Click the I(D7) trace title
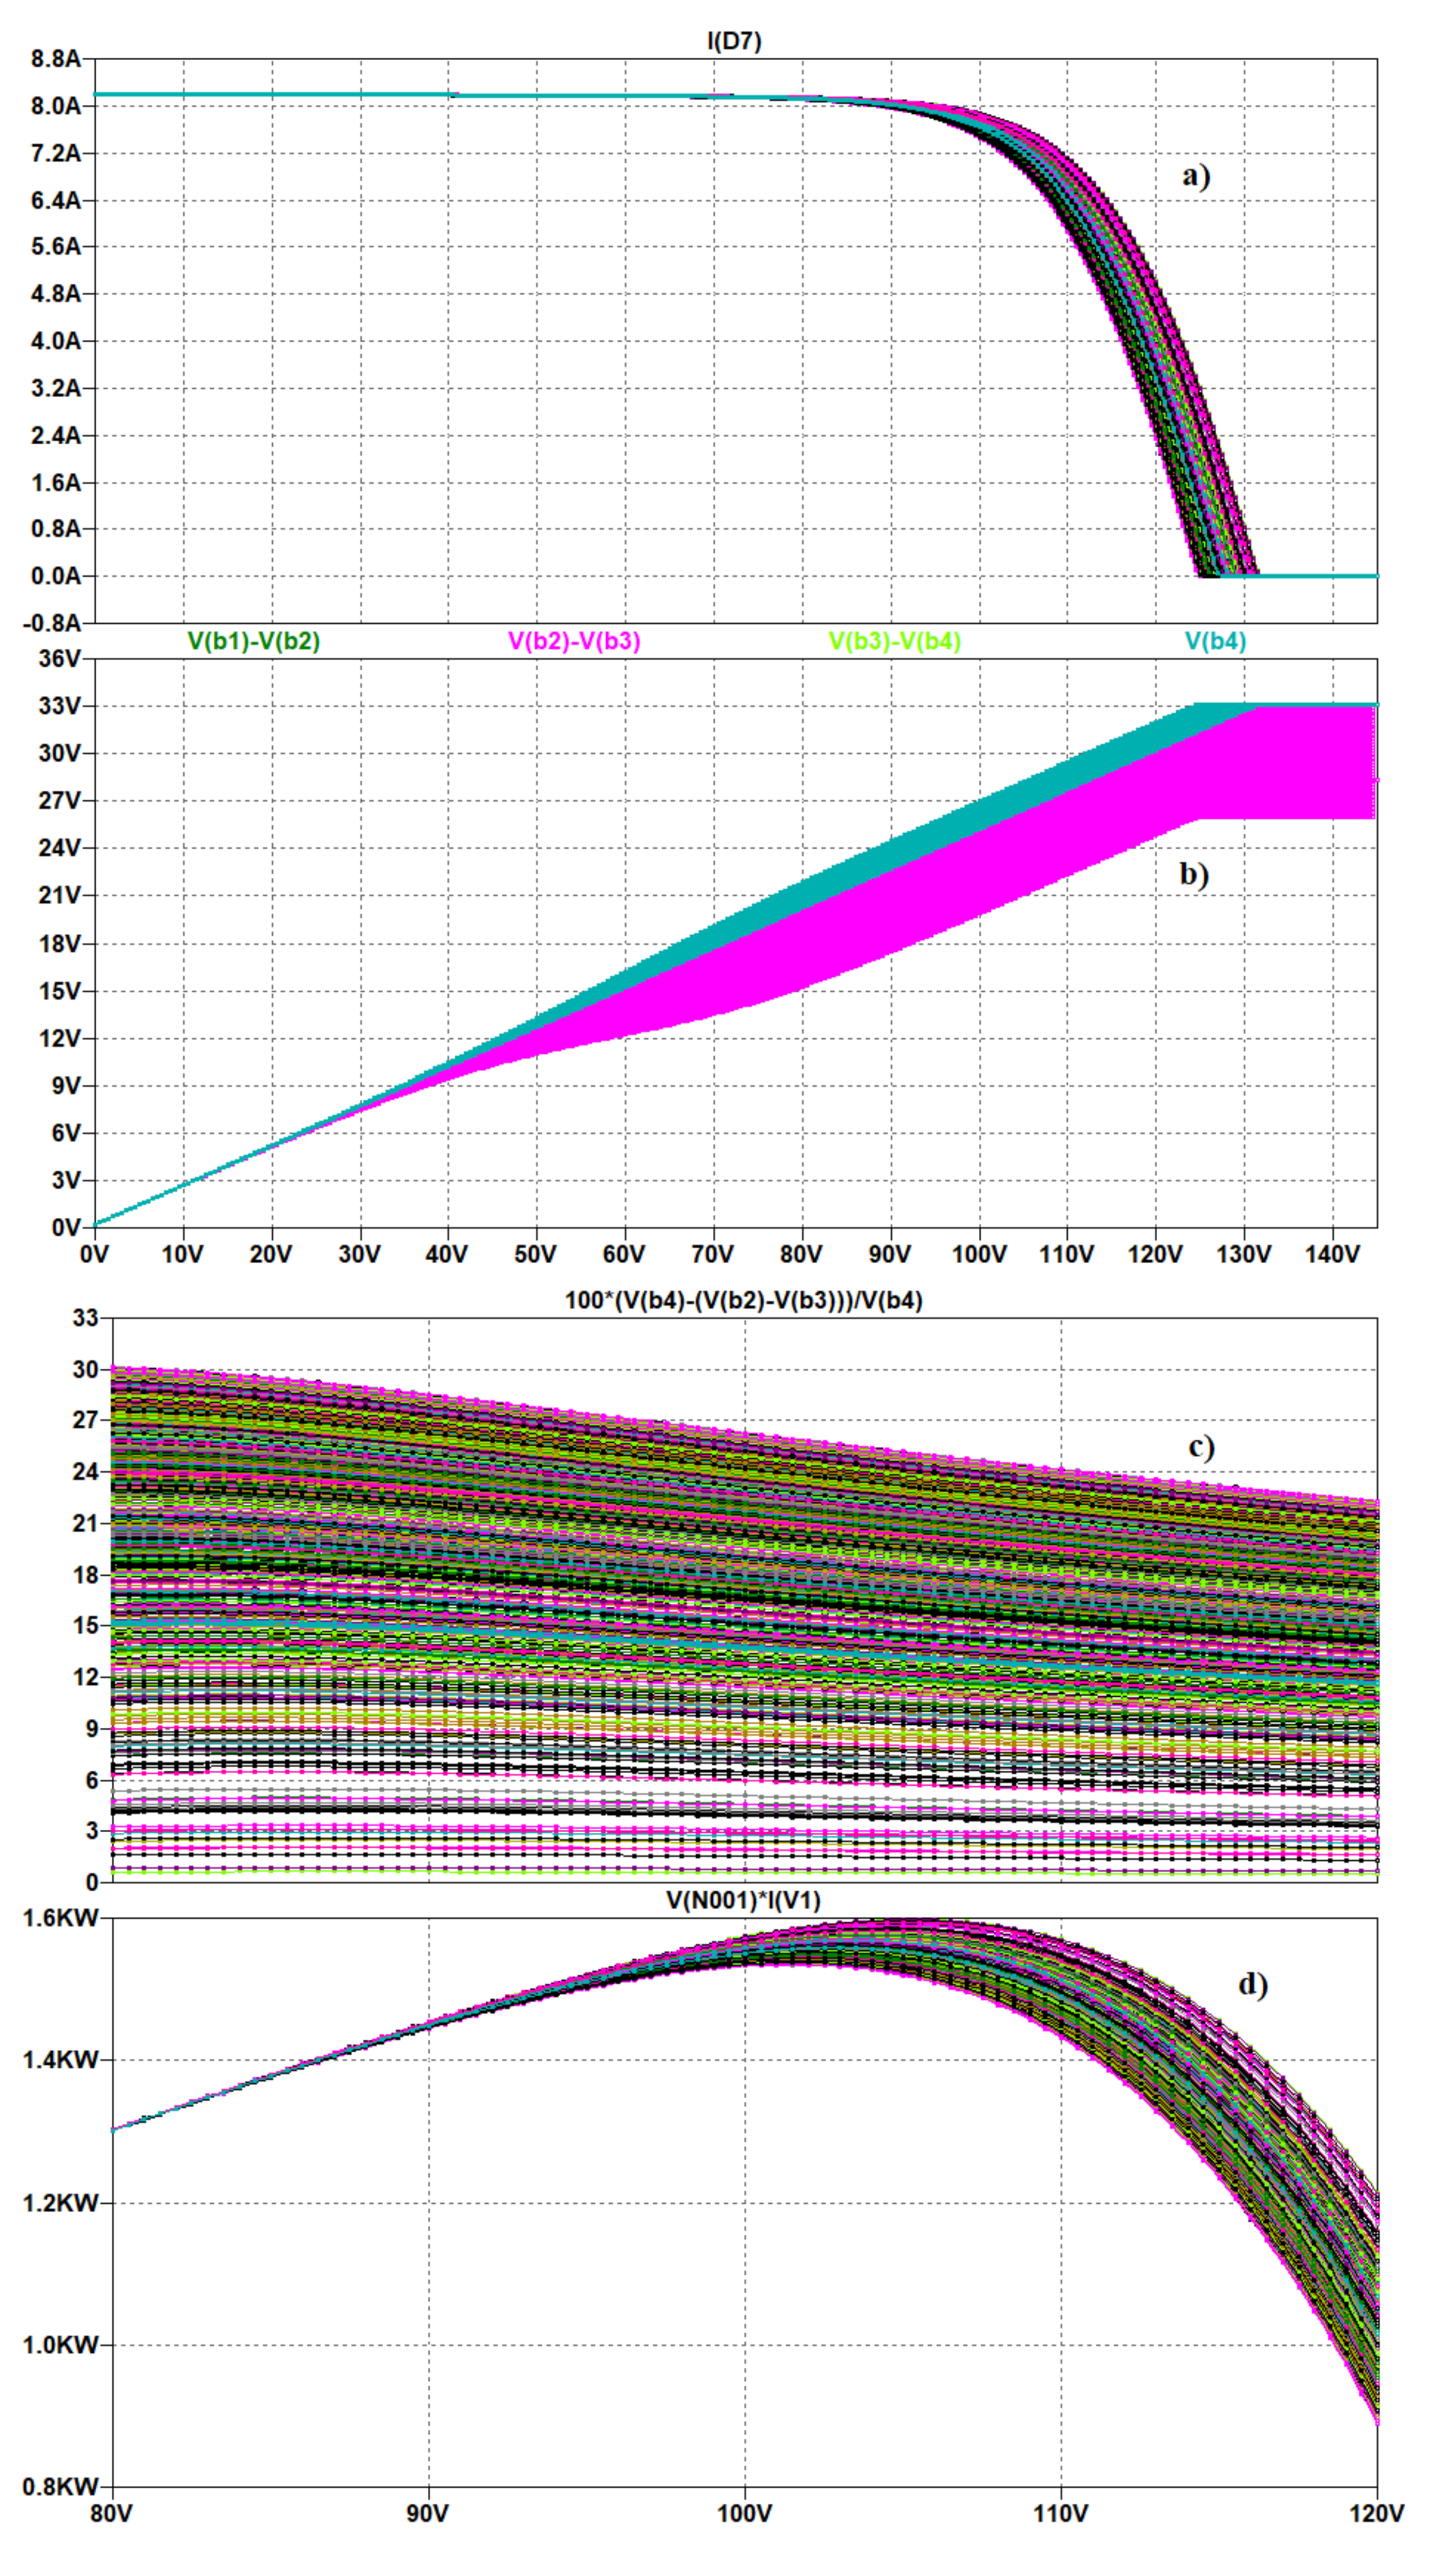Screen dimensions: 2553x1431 (734, 40)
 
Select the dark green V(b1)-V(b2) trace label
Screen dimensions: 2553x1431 (253, 641)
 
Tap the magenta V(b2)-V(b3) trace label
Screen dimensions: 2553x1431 (574, 641)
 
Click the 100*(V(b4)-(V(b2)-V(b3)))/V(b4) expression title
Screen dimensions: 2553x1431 (743, 1300)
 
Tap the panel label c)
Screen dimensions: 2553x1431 (1201, 1447)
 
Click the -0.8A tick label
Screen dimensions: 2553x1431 (53, 623)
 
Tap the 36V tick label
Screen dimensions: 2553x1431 (60, 659)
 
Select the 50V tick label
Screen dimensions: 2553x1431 (535, 1254)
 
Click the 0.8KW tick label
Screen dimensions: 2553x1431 (60, 2487)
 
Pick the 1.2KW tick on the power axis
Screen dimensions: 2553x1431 (60, 2203)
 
